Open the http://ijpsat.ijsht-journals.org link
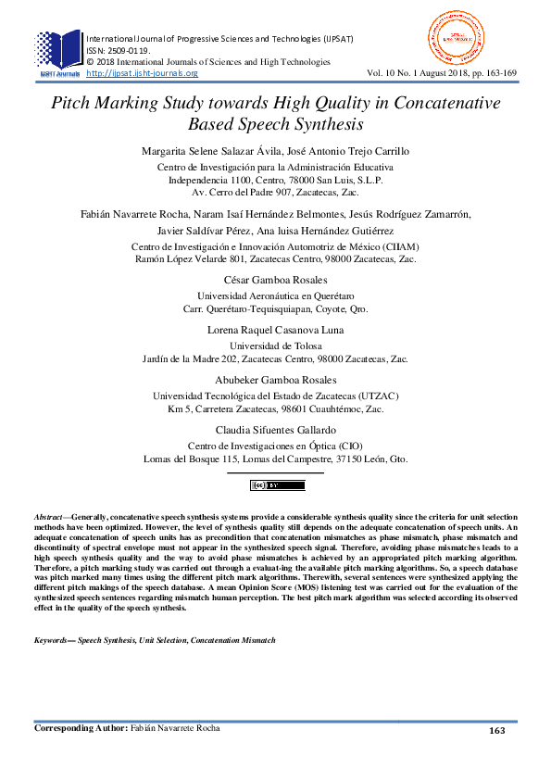(x=142, y=73)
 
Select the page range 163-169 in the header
(x=497, y=72)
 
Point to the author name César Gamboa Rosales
(x=275, y=280)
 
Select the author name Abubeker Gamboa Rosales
(x=275, y=381)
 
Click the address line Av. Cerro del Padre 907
(x=275, y=193)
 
